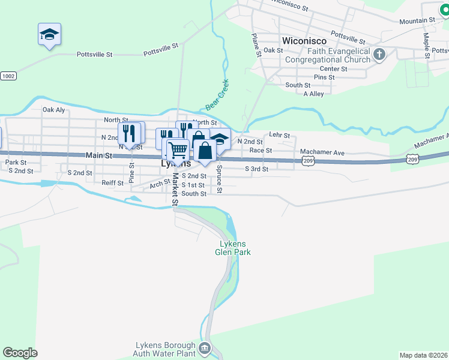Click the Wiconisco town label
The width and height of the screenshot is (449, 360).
[304, 41]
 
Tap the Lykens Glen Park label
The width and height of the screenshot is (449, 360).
[233, 248]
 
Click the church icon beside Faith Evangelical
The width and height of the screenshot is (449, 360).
[379, 55]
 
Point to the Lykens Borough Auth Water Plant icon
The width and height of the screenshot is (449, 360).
[205, 348]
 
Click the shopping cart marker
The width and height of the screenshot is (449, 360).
[178, 149]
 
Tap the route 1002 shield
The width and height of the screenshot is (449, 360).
[8, 76]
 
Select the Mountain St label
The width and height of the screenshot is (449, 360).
[417, 20]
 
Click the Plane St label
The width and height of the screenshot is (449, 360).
[256, 45]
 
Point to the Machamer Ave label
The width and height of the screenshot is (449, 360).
[323, 153]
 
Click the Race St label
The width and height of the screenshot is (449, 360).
[261, 150]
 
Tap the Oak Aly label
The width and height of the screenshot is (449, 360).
[53, 110]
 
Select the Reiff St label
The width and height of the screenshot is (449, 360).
[112, 182]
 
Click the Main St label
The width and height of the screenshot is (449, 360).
[99, 155]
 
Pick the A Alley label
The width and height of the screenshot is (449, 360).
[313, 94]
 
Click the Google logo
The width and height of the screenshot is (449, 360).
[20, 353]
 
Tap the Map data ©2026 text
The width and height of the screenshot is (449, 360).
[423, 355]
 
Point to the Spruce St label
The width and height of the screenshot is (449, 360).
[220, 179]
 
